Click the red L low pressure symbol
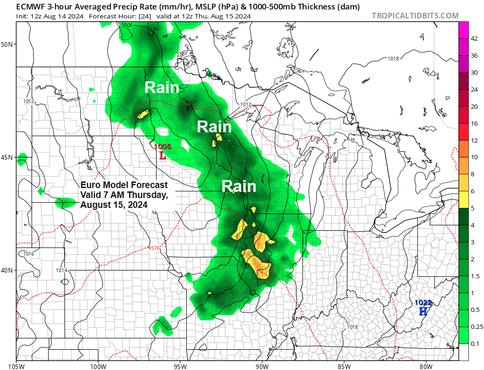click(x=163, y=155)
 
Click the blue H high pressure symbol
click(x=423, y=311)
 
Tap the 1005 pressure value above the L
click(x=163, y=146)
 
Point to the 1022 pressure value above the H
click(x=423, y=302)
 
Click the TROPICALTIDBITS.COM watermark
click(x=415, y=16)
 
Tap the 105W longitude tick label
click(x=16, y=365)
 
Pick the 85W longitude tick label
click(x=344, y=365)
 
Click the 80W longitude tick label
click(x=426, y=365)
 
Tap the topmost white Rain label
click(x=162, y=88)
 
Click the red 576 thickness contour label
click(x=155, y=249)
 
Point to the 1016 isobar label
click(x=29, y=254)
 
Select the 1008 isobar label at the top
click(x=127, y=25)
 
